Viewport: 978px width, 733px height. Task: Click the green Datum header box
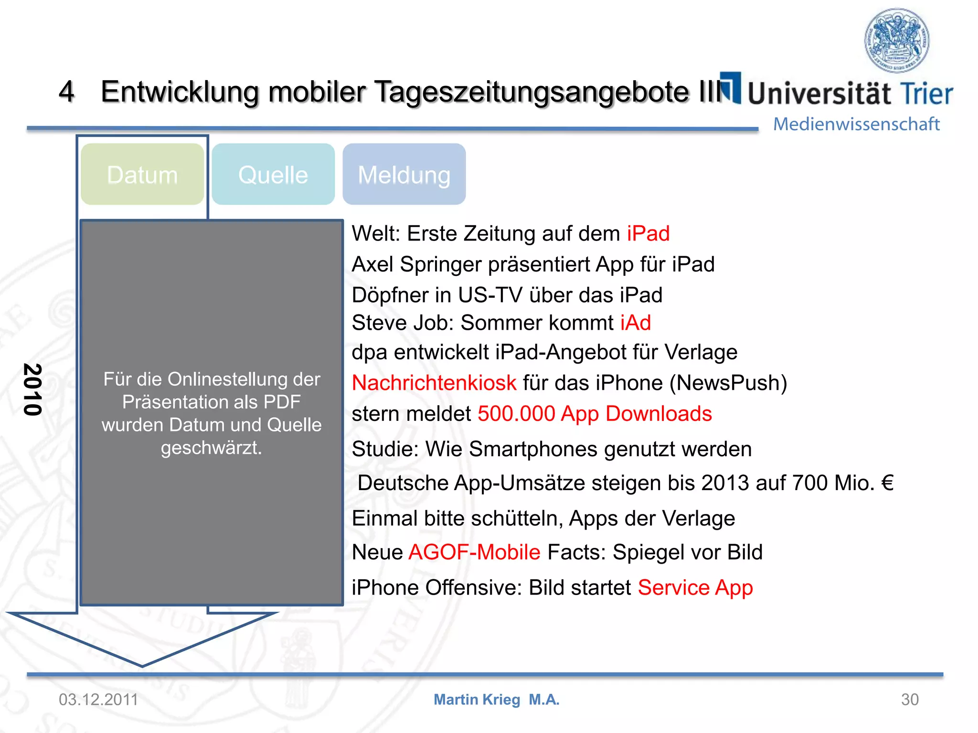tap(142, 175)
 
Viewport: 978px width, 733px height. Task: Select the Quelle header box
tap(273, 175)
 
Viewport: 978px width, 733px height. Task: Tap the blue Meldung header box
tap(404, 175)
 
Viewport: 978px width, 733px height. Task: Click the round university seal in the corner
tap(897, 40)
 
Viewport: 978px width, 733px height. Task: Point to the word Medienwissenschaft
tap(856, 124)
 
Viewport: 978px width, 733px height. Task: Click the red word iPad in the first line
tap(648, 234)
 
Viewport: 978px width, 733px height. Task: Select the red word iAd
tap(636, 323)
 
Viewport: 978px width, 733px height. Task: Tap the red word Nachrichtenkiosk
tap(434, 383)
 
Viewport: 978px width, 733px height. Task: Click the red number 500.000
tap(516, 414)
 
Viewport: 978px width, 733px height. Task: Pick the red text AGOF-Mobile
tap(475, 552)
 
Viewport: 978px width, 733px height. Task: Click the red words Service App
tap(695, 587)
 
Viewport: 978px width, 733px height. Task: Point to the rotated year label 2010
tap(32, 389)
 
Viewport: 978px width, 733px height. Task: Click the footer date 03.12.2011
tap(98, 700)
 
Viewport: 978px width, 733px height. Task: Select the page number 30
tap(910, 700)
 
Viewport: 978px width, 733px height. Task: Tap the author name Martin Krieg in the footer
tap(477, 700)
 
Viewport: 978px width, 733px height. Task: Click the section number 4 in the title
tap(66, 91)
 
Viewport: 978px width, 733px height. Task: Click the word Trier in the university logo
tap(926, 94)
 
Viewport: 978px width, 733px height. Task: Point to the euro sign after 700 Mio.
tap(887, 483)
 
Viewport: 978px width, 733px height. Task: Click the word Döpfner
tap(390, 295)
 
